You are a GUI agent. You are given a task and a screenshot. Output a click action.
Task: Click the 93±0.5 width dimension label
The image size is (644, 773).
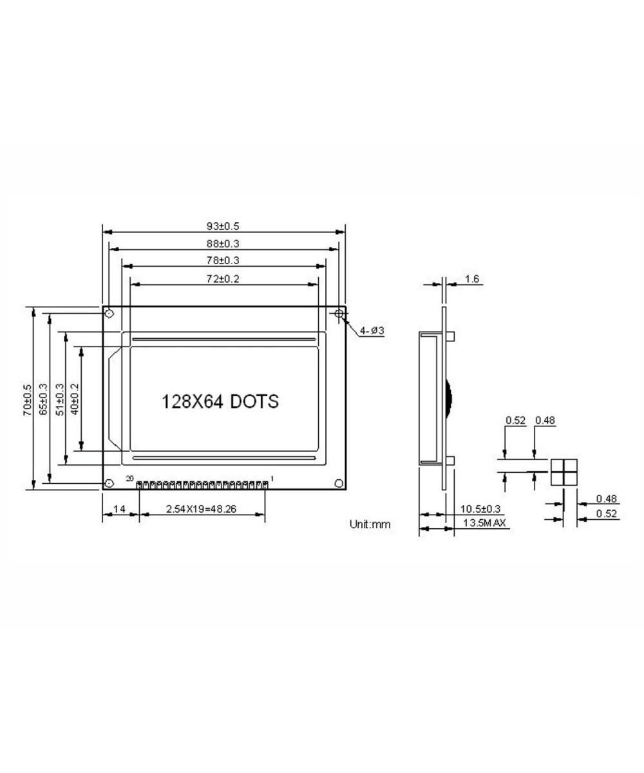click(223, 226)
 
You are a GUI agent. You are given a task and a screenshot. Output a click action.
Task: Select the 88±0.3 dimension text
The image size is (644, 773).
click(223, 243)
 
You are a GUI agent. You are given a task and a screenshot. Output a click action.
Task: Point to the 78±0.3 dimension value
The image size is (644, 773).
click(223, 260)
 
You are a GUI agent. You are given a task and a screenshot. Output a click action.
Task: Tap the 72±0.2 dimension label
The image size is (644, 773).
click(223, 278)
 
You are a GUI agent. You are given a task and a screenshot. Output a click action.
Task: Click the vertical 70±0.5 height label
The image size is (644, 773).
click(27, 399)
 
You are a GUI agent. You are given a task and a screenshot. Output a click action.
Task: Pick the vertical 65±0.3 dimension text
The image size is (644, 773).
click(44, 399)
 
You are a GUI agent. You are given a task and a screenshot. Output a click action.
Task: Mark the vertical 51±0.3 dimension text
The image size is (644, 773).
click(60, 399)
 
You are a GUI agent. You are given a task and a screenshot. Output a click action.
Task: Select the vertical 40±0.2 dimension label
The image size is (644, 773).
click(75, 399)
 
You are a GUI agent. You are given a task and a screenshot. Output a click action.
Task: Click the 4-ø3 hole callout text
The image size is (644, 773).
click(372, 330)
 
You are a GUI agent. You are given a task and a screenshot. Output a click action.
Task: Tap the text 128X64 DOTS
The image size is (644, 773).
click(220, 401)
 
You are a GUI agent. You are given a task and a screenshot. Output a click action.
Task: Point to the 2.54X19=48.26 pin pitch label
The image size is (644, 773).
click(201, 509)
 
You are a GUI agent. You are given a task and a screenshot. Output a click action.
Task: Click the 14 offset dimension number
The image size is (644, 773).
click(119, 509)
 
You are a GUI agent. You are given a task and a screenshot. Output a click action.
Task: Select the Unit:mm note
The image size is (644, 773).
click(370, 524)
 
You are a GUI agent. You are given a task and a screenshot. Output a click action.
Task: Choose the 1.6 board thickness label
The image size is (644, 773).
click(472, 279)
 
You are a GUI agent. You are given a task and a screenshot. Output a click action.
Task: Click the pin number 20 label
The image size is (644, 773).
click(129, 479)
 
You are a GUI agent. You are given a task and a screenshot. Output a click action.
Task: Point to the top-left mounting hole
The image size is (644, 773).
click(109, 314)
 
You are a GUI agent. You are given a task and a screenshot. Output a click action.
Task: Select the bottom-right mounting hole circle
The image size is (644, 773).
click(339, 483)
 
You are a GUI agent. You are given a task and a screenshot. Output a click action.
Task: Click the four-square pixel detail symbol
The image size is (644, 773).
click(563, 472)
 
